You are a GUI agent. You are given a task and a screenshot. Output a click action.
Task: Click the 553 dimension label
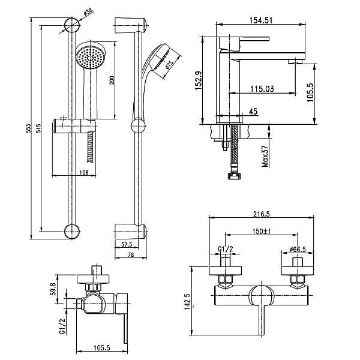point(28,129)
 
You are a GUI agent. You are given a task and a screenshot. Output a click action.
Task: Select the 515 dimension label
point(38,128)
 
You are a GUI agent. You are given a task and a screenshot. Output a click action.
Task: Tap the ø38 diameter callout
point(88,12)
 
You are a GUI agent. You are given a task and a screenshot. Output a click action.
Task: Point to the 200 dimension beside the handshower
point(112,80)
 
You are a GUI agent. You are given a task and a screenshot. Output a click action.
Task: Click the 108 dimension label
point(83,172)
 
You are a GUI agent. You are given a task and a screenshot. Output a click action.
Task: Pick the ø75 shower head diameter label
point(169,65)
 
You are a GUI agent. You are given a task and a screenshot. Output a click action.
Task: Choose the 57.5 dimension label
point(127,245)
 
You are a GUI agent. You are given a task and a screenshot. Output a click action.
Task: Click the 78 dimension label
point(131,254)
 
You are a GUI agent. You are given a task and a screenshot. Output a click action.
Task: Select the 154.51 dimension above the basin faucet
point(261,20)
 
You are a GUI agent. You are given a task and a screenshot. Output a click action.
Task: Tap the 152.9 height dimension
point(198,80)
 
